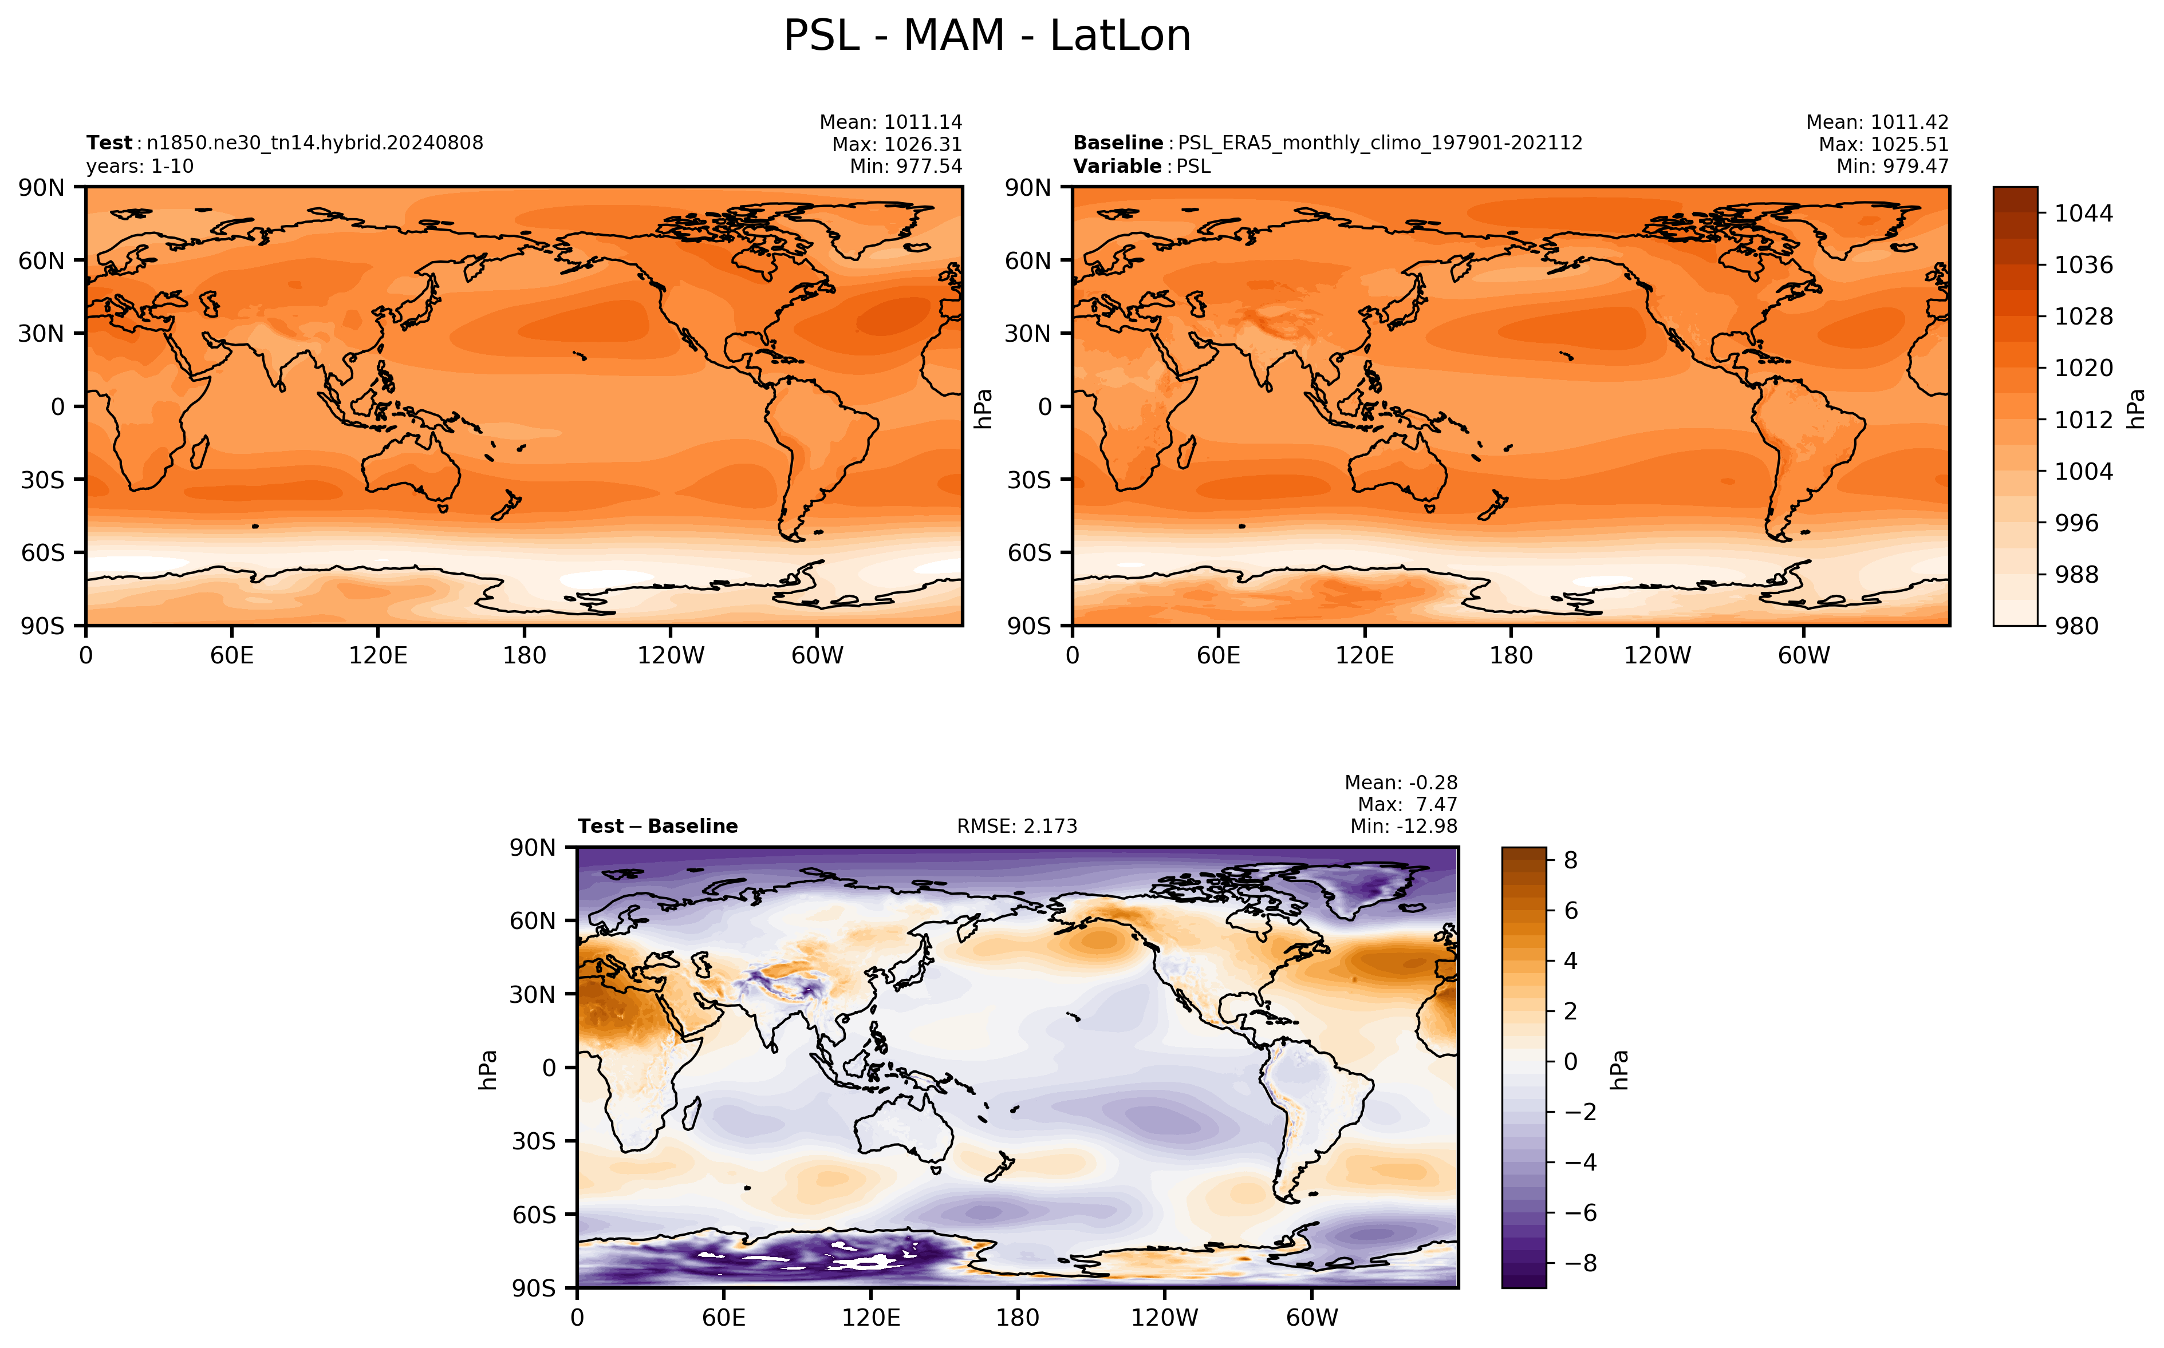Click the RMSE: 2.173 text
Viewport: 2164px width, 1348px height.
coord(1018,827)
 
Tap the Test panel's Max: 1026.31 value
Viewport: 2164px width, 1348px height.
coord(897,144)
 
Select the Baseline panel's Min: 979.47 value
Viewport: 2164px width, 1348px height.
coord(1892,166)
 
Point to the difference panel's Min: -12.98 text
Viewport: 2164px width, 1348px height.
coord(1404,827)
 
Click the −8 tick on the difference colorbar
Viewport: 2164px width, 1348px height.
coord(1577,1263)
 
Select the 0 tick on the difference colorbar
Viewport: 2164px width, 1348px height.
coord(1571,1062)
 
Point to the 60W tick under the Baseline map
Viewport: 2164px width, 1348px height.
coord(1804,656)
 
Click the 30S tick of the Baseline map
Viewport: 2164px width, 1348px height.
coord(1029,480)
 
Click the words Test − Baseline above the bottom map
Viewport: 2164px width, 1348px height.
coord(658,827)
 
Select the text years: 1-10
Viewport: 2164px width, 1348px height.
coord(140,167)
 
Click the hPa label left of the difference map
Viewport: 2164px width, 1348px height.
coord(488,1069)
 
